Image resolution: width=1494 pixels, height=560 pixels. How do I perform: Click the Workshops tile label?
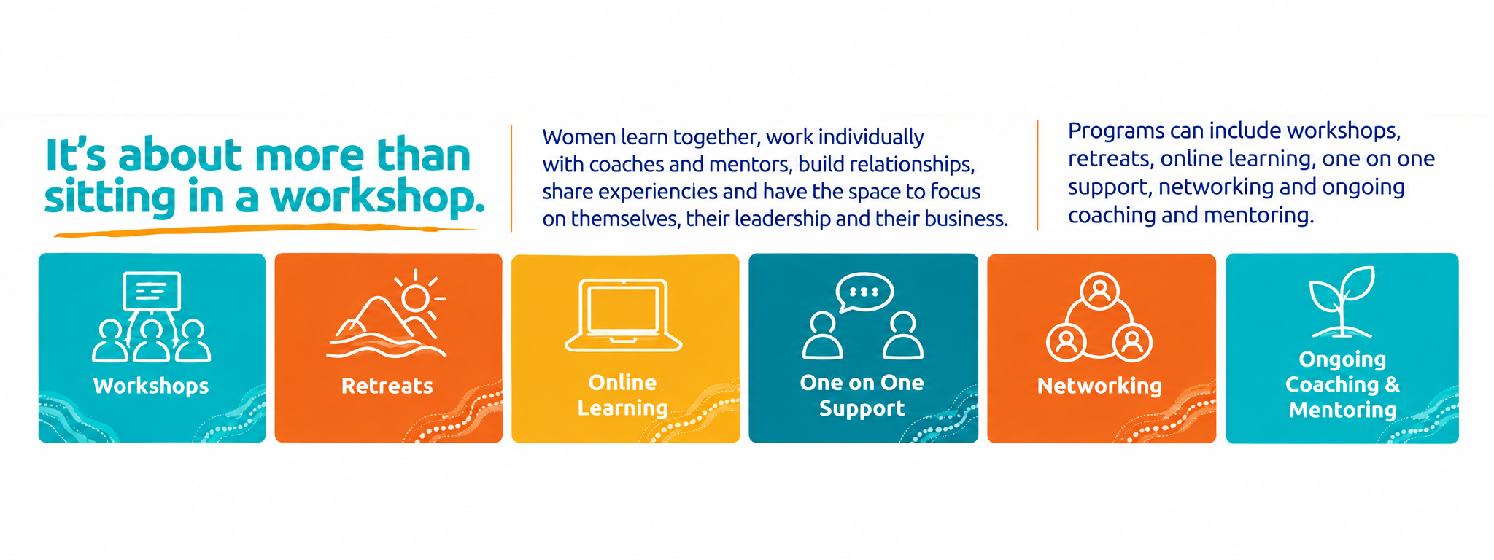tap(151, 386)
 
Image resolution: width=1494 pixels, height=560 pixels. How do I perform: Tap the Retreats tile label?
tap(387, 386)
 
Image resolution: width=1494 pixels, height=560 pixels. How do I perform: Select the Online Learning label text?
tap(623, 395)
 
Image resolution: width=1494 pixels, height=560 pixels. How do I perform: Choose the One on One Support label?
tap(862, 395)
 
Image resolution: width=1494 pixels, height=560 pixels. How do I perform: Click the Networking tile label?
tap(1100, 386)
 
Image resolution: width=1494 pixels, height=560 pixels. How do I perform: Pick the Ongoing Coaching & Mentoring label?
tap(1343, 384)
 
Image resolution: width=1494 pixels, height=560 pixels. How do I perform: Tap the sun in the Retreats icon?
tap(416, 298)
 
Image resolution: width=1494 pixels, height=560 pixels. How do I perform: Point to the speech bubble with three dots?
tap(865, 292)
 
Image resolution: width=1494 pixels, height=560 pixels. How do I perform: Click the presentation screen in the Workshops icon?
tap(152, 291)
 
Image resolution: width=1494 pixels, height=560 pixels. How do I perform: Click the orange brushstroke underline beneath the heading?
tap(266, 230)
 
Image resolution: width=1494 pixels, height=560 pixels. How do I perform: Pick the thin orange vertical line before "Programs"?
tap(1037, 176)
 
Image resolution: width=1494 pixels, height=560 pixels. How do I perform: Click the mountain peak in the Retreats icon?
tap(377, 300)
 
